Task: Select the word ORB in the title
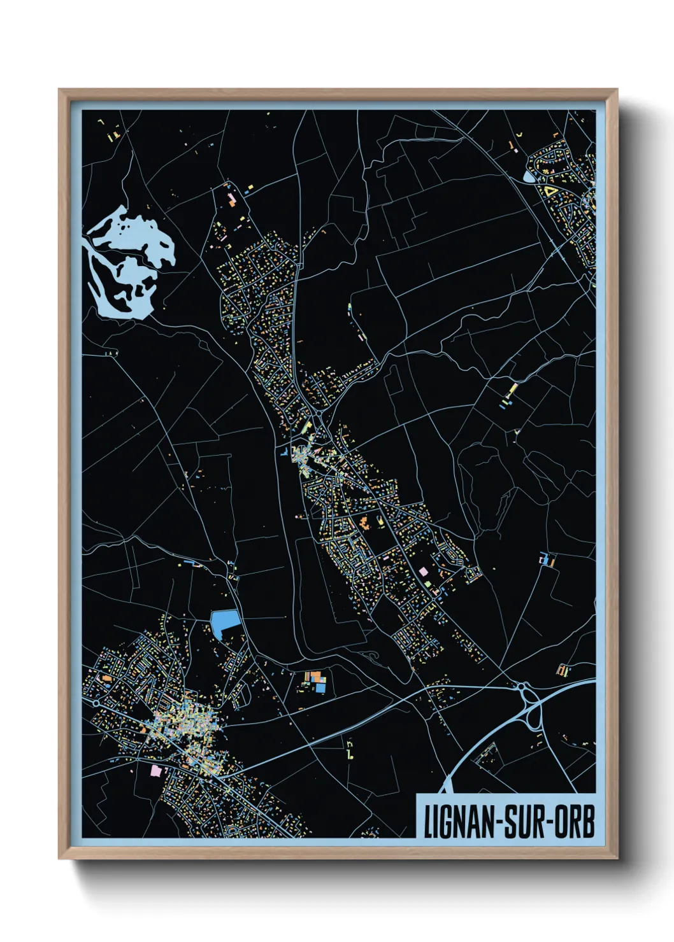click(575, 822)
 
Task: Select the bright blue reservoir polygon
click(225, 622)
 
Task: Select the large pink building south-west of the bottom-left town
click(155, 771)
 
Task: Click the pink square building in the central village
click(424, 572)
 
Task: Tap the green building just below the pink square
click(426, 582)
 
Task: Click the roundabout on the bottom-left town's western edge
click(96, 704)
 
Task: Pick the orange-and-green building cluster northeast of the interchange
click(561, 670)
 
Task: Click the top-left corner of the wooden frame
click(59, 90)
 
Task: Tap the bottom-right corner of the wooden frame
click(617, 859)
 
